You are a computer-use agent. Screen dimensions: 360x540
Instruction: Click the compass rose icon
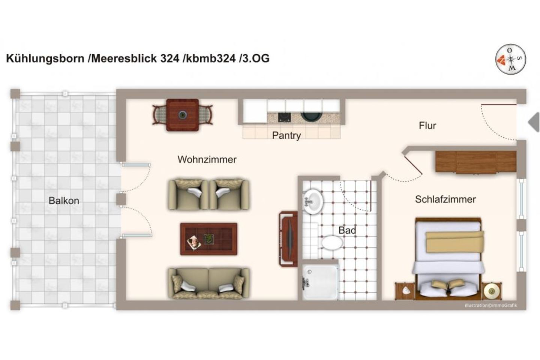point(510,59)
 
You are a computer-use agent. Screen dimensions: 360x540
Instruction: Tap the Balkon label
point(64,201)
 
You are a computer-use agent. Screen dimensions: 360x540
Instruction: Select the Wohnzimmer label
point(207,159)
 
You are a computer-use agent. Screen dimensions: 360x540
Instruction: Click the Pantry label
point(286,135)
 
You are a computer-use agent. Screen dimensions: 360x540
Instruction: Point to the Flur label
point(427,125)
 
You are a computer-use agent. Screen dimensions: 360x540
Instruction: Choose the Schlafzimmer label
point(445,199)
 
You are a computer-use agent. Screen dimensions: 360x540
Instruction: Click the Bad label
point(347,230)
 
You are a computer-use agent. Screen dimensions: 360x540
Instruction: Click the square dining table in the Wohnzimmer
point(183,115)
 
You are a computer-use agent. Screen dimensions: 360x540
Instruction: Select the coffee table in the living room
point(208,239)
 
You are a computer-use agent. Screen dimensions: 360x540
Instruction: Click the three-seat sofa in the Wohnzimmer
point(208,283)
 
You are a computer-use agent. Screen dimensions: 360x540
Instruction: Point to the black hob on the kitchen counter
point(285,117)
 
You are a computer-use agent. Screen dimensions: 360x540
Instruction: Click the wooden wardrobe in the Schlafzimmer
point(475,162)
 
